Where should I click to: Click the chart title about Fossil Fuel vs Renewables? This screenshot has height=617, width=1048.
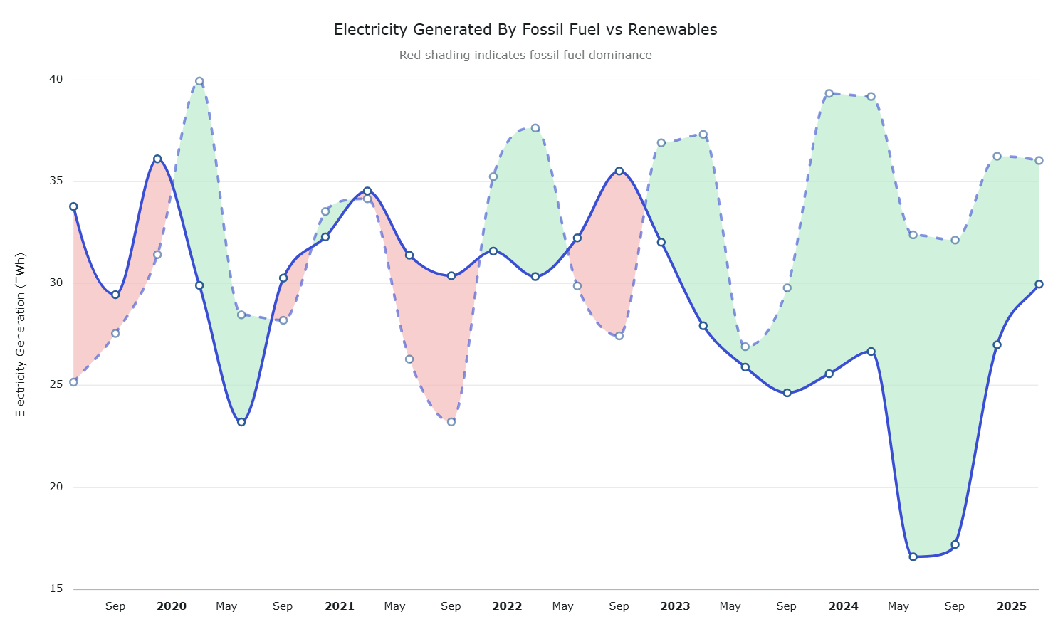coord(525,30)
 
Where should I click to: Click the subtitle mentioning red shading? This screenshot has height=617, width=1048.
coord(525,56)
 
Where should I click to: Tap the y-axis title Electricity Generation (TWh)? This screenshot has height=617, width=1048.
coord(21,334)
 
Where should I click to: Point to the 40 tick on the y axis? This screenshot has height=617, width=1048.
coord(56,79)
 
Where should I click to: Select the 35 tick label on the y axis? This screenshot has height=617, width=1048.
coord(56,181)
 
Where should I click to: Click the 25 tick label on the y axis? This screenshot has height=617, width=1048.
coord(56,384)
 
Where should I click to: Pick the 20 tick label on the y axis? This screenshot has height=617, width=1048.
coord(56,487)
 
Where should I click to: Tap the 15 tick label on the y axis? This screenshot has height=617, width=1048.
coord(56,589)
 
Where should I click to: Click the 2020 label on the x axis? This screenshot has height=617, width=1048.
coord(172,606)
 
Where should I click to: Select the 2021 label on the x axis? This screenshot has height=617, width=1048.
coord(340,606)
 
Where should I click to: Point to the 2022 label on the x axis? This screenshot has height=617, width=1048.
coord(507,606)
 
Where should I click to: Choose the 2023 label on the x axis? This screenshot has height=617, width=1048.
coord(675,606)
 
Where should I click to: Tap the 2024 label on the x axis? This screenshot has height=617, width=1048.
coord(844,606)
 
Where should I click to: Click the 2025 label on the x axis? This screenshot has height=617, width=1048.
coord(1012,606)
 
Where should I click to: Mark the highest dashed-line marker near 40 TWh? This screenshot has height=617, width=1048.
coord(199,81)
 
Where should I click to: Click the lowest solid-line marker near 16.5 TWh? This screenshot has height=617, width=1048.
coord(913,557)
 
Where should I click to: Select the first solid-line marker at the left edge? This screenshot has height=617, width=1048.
coord(73,206)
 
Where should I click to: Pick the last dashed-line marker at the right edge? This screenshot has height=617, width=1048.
coord(1039,161)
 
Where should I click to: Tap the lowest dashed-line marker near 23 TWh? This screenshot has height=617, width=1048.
coord(451,422)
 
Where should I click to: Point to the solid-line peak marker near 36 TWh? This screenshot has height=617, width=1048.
coord(157,159)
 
